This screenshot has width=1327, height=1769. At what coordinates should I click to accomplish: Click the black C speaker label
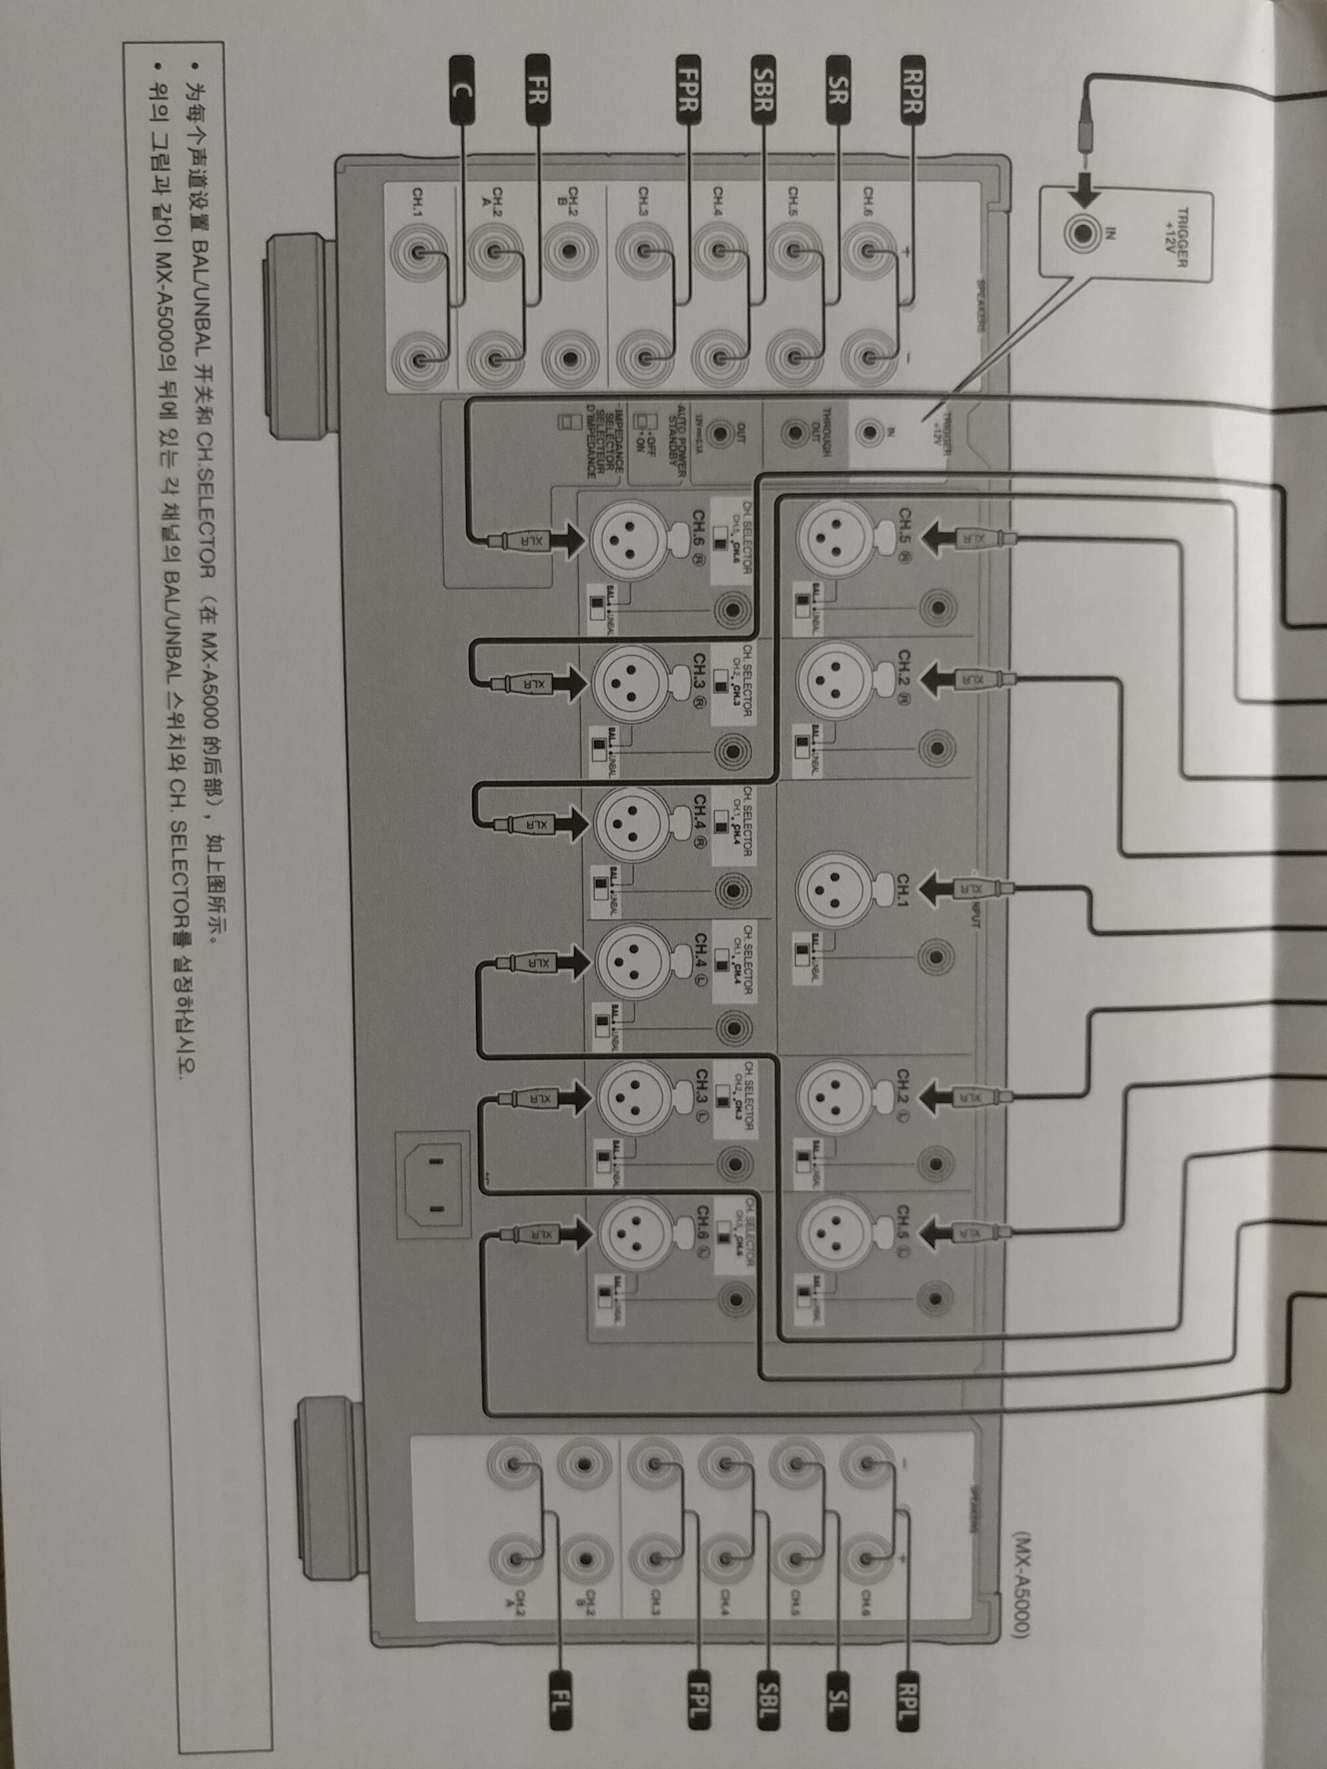462,90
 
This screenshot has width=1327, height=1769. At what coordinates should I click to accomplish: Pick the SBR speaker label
763,90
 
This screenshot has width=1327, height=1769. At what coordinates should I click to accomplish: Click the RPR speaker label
913,90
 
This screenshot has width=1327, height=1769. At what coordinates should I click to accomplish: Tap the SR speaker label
838,90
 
